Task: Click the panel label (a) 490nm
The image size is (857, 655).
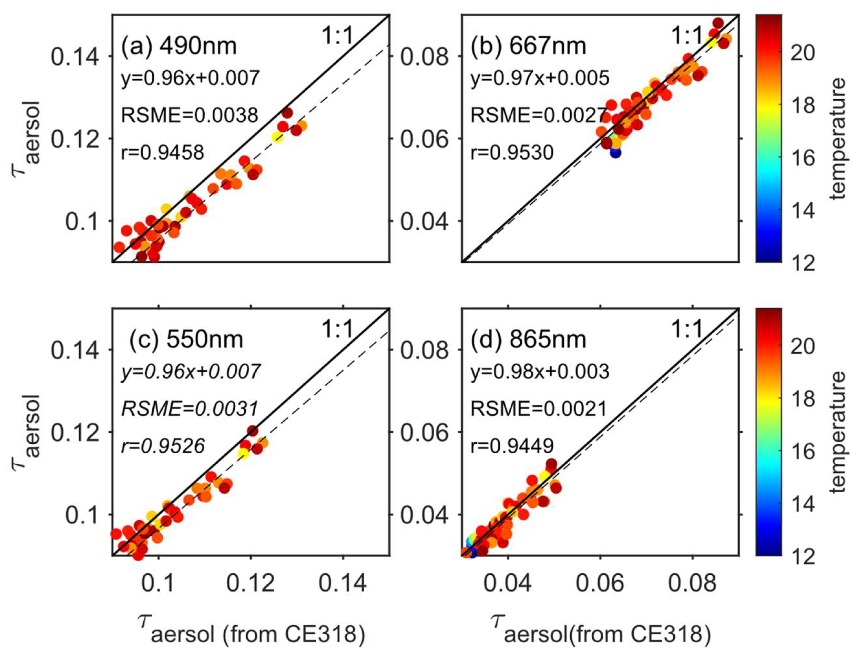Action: tap(178, 46)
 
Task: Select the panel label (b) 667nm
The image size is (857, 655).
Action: tap(528, 46)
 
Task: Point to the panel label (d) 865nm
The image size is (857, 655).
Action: tap(528, 339)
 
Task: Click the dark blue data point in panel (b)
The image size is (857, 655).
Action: tap(615, 152)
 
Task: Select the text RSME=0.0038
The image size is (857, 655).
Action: tap(190, 115)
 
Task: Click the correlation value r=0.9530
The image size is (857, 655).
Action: tap(512, 152)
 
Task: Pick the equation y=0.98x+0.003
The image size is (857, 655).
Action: tap(540, 372)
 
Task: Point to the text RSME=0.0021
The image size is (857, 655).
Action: tap(539, 409)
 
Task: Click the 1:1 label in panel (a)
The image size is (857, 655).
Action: tap(337, 36)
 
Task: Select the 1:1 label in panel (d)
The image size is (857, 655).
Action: tap(687, 330)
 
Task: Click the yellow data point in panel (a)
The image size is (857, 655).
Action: tap(277, 137)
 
